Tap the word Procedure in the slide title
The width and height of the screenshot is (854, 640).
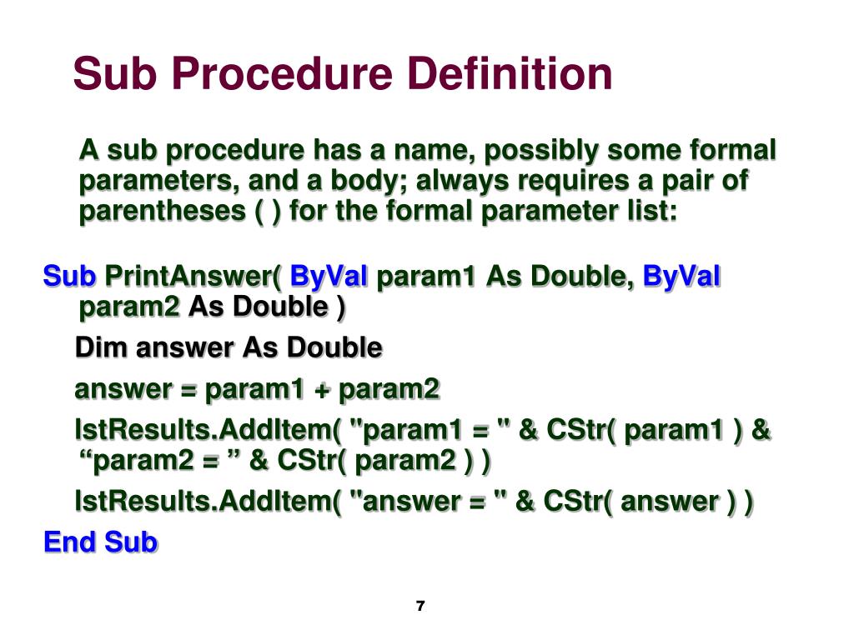coord(284,73)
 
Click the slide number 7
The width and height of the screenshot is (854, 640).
coord(419,606)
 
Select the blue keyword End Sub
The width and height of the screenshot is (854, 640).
coord(100,542)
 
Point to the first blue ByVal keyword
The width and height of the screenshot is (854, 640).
coord(330,276)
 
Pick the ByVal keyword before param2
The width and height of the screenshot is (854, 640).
coord(681,276)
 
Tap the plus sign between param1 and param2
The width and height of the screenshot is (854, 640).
coord(321,388)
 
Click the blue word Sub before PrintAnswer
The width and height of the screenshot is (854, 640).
coord(70,276)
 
